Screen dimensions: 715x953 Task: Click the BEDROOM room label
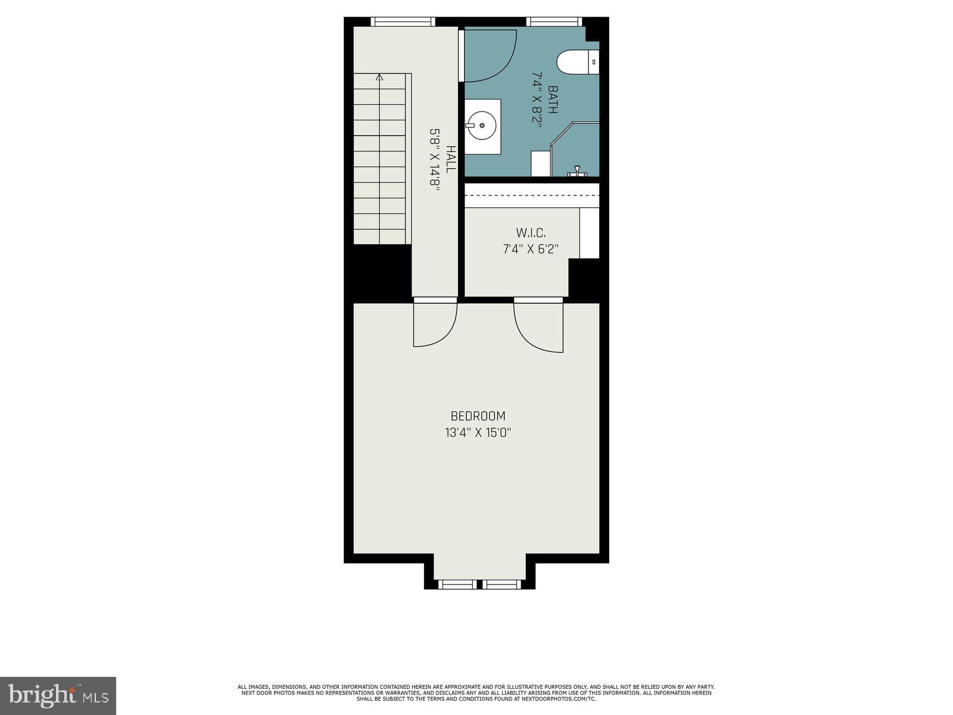point(478,416)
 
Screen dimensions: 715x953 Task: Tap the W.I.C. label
point(531,232)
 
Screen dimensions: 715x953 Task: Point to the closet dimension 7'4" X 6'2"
point(531,248)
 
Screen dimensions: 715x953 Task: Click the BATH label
point(553,100)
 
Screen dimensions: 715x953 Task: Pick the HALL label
point(451,159)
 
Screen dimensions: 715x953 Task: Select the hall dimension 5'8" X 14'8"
point(435,159)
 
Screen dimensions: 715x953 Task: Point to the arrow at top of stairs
point(379,77)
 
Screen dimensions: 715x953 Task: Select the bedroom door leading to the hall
point(435,325)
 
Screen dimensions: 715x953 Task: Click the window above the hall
point(402,22)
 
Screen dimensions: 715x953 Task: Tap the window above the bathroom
point(554,22)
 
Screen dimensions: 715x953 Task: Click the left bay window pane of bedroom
point(457,585)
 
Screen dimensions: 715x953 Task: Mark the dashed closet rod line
point(531,195)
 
